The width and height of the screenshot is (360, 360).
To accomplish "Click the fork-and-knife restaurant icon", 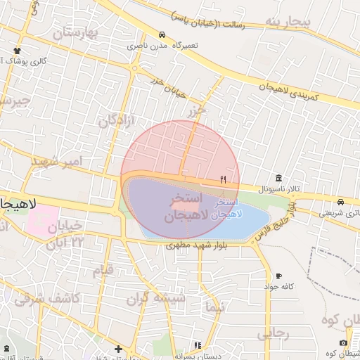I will click(223, 179).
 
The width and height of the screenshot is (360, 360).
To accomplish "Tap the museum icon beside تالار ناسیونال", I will click(279, 178).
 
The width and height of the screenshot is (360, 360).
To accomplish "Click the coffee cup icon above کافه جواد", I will click(278, 276).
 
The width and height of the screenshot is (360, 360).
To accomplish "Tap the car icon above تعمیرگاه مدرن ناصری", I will click(162, 34).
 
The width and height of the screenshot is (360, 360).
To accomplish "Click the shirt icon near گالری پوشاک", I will click(16, 50).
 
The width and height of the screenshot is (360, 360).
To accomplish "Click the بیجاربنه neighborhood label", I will click(287, 22).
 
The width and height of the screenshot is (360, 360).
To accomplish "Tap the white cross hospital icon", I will click(118, 349).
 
